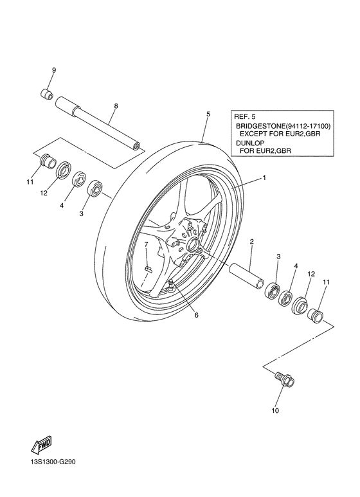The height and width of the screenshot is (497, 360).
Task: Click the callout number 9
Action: pos(54,69)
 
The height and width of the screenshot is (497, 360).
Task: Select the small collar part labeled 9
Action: pos(46,94)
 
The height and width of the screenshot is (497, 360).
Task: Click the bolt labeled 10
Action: pos(283,380)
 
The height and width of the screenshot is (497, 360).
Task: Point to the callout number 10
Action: pos(275,410)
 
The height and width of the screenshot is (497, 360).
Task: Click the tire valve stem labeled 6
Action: pos(172,285)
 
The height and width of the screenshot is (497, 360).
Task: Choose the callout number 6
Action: pos(197,314)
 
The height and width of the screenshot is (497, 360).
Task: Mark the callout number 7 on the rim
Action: pos(146,244)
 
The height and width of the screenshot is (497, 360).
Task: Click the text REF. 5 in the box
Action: pos(246,117)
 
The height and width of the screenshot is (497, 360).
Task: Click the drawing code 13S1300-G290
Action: pos(57,478)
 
